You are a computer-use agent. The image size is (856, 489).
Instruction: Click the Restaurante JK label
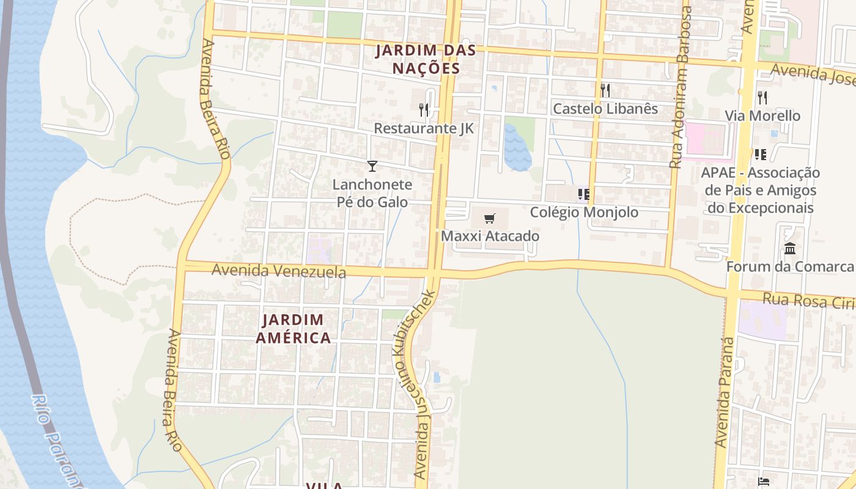click(424, 128)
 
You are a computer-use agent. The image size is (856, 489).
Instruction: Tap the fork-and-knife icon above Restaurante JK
click(424, 110)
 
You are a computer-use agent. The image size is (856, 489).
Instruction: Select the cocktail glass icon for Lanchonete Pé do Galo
click(372, 166)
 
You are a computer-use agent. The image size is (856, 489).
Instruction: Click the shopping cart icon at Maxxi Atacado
click(489, 219)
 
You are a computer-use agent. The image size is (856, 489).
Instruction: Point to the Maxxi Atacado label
click(490, 236)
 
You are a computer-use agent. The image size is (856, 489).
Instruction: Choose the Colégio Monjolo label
click(584, 212)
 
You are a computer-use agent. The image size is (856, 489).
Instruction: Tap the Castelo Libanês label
click(605, 109)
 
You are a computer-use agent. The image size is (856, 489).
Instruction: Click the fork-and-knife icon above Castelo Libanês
click(605, 90)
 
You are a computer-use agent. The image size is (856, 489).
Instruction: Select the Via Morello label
click(762, 116)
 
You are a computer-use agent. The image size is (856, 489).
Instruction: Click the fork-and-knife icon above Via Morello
click(762, 97)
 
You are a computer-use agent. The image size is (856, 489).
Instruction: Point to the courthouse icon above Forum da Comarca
click(790, 249)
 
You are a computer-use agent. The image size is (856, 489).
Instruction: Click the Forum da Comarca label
click(790, 267)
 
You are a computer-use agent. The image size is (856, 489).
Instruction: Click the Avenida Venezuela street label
click(278, 270)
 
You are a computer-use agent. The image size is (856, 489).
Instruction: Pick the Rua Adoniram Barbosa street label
click(681, 87)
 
